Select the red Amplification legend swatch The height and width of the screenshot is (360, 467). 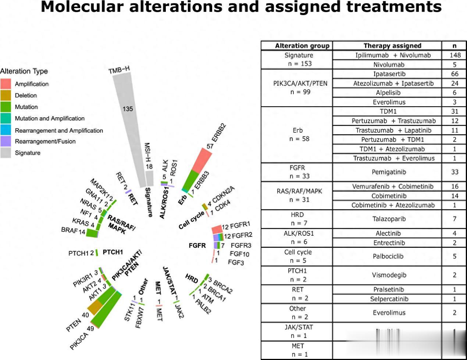tap(6, 84)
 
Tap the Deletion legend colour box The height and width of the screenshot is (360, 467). tap(6, 95)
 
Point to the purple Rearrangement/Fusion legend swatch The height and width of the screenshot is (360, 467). tap(6, 141)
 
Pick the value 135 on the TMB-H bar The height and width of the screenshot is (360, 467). tap(128, 109)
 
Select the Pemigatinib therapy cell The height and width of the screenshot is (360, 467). tap(389, 172)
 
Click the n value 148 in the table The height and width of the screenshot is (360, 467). tap(455, 55)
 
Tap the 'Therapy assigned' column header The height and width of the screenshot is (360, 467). tap(392, 46)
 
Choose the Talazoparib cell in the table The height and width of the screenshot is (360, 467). tap(389, 219)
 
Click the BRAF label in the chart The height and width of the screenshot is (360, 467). tap(69, 230)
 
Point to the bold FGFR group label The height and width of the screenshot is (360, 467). tap(197, 245)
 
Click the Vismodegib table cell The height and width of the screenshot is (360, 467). tap(389, 275)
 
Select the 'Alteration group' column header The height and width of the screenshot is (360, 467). tap(302, 46)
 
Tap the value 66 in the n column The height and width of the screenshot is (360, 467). tap(455, 74)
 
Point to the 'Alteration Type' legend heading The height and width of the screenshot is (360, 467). tap(24, 71)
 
